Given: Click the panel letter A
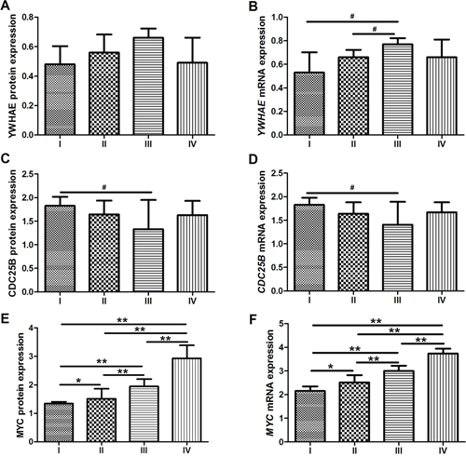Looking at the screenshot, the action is [x=6, y=7].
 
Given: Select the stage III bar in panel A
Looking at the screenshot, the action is [x=148, y=87].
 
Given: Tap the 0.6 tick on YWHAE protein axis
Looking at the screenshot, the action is [x=28, y=47].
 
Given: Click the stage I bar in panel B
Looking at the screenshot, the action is [x=309, y=103].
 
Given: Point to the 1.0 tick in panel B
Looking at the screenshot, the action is [x=279, y=18].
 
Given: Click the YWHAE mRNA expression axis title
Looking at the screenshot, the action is [x=262, y=76].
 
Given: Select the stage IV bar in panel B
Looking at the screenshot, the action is [x=442, y=96].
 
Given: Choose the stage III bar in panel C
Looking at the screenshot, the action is [x=148, y=261].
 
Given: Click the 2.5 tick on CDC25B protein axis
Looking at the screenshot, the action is [x=28, y=174].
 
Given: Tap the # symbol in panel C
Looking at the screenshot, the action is [x=104, y=187].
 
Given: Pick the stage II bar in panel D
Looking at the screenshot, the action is [x=353, y=252].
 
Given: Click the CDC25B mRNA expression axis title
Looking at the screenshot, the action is [x=262, y=232].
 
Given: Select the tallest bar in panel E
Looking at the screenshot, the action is [x=186, y=400].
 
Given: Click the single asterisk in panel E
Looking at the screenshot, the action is [x=78, y=381].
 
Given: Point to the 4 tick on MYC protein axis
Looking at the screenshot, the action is [x=31, y=328].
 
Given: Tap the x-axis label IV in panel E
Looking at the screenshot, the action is [x=186, y=450].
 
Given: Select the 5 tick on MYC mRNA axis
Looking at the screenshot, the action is [x=282, y=324].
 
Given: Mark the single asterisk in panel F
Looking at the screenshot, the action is [x=331, y=367].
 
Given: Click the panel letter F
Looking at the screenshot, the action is [x=254, y=320].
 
